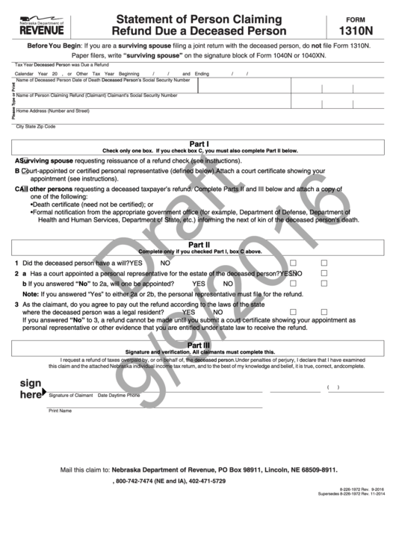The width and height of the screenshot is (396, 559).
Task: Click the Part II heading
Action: click(x=198, y=245)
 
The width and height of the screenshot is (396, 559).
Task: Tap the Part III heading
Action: click(x=198, y=346)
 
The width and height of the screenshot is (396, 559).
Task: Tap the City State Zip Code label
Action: click(x=36, y=127)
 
